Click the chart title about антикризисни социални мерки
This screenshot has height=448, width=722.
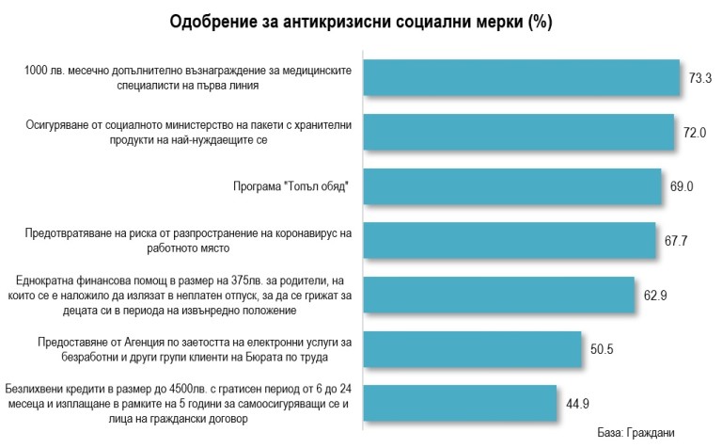pyautogui.click(x=361, y=22)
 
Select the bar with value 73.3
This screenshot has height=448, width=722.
pyautogui.click(x=521, y=78)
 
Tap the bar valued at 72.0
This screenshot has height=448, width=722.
pyautogui.click(x=518, y=133)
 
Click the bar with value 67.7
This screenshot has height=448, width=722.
pyautogui.click(x=509, y=241)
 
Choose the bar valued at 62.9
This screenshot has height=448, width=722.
pyautogui.click(x=498, y=295)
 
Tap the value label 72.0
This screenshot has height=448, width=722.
pyautogui.click(x=695, y=134)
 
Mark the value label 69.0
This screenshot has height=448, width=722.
pyautogui.click(x=682, y=187)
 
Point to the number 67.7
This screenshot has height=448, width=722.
pyautogui.click(x=677, y=242)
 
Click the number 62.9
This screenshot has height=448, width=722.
pyautogui.click(x=655, y=296)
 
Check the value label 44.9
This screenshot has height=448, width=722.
pyautogui.click(x=575, y=405)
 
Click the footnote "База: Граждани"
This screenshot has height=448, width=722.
pyautogui.click(x=636, y=433)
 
